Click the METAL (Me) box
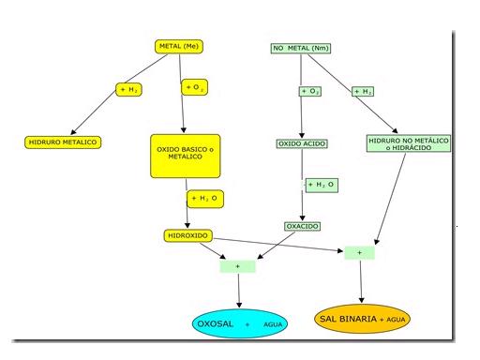click(x=179, y=46)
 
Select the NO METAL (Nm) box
click(x=301, y=48)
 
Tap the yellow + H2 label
click(x=128, y=90)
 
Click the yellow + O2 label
click(x=194, y=87)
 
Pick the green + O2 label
click(x=310, y=91)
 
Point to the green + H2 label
click(x=363, y=92)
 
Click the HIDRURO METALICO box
click(x=63, y=142)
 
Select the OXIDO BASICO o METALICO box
click(x=186, y=157)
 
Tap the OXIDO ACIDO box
click(x=302, y=143)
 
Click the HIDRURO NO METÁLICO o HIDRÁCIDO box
click(x=409, y=143)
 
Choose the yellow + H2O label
click(x=205, y=199)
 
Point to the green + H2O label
click(x=322, y=185)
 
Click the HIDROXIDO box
click(x=188, y=235)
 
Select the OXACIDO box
click(x=303, y=226)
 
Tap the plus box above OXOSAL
click(x=238, y=266)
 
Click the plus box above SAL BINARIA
click(x=360, y=253)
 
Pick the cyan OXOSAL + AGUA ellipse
click(x=240, y=323)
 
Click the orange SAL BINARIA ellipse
click(x=362, y=319)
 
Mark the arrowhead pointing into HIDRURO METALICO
click(x=73, y=131)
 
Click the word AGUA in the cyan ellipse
click(x=273, y=324)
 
